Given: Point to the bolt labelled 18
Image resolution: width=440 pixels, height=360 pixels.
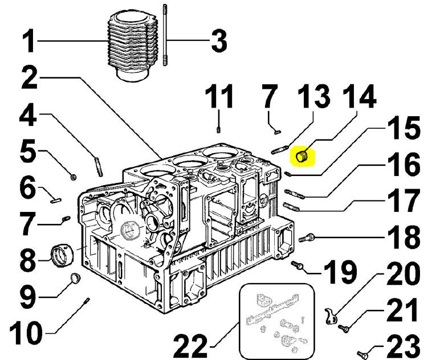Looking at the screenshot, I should pyautogui.click(x=306, y=238).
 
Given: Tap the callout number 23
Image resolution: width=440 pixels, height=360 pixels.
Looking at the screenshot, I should pyautogui.click(x=401, y=346).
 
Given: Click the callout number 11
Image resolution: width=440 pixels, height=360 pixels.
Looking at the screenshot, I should pyautogui.click(x=219, y=97).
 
